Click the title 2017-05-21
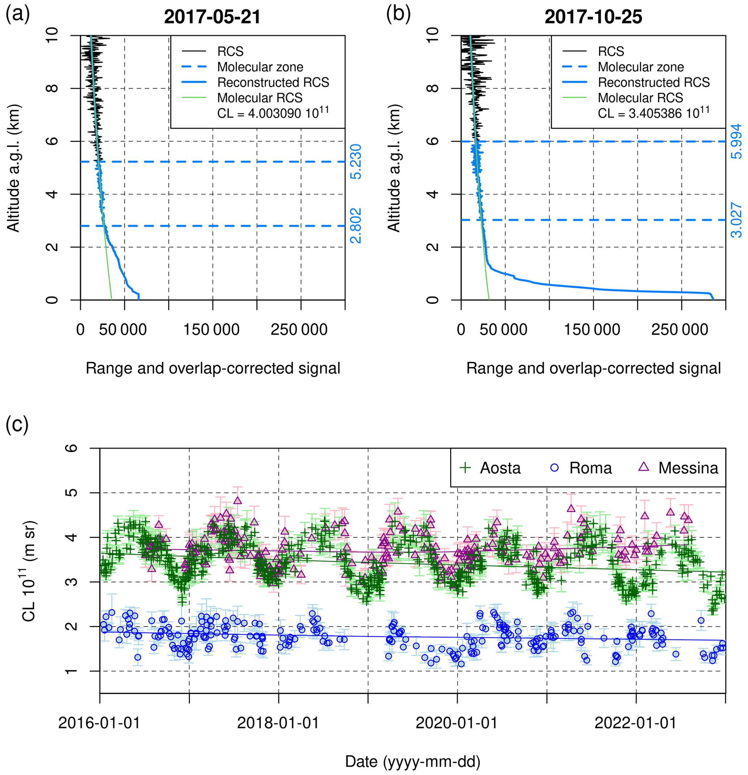[x=212, y=17]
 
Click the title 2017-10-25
[x=593, y=17]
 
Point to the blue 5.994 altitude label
[x=736, y=141]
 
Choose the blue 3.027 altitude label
[x=736, y=220]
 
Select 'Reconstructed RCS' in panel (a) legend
[x=273, y=82]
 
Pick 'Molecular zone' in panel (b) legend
[x=641, y=67]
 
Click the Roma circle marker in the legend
[x=554, y=468]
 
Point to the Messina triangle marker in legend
[x=644, y=467]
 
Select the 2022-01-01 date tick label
[x=636, y=723]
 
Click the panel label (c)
[x=17, y=424]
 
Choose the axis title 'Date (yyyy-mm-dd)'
[x=413, y=761]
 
